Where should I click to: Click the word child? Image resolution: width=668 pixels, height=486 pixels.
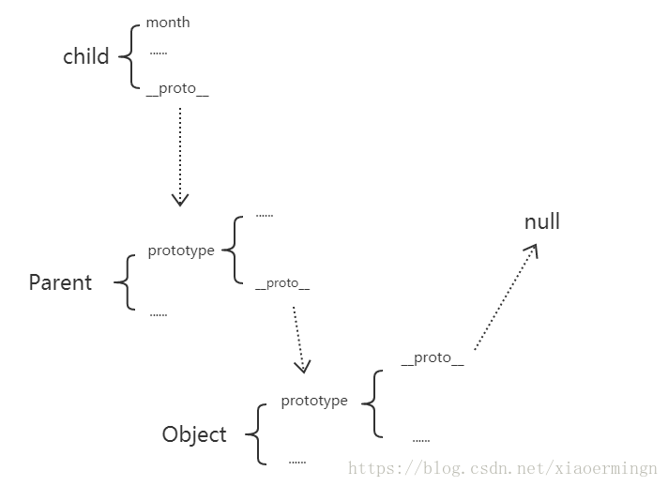click(86, 56)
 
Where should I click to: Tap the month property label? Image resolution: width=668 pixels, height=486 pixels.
click(168, 23)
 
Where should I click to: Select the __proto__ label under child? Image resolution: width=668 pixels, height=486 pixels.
click(177, 89)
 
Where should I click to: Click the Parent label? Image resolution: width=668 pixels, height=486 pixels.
click(60, 282)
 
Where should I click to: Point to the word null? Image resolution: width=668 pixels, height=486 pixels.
click(542, 221)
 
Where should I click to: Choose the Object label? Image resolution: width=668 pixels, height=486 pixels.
click(194, 435)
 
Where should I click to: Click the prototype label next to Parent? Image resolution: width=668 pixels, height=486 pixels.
click(181, 251)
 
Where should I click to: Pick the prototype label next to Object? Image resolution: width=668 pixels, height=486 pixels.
click(314, 401)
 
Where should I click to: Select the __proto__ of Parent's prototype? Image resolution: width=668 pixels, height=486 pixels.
click(282, 283)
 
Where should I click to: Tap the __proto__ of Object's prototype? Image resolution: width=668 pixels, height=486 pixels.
click(433, 357)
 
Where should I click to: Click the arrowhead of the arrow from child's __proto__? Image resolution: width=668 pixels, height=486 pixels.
click(180, 200)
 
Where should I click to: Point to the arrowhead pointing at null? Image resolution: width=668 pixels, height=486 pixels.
click(533, 250)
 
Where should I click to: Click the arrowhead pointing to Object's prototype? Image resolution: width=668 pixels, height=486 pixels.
click(303, 367)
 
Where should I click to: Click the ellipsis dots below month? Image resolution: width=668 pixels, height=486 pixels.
click(159, 53)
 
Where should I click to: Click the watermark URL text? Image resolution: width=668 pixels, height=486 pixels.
click(503, 468)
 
